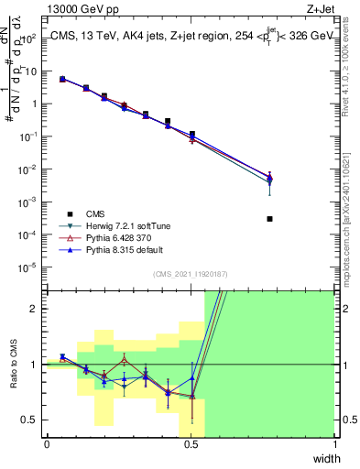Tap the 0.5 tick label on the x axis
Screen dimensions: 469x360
point(191,444)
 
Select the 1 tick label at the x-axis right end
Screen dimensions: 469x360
point(333,444)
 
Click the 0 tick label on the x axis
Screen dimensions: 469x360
point(47,444)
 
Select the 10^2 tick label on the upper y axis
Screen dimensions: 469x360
point(28,38)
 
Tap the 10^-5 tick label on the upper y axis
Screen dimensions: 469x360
point(28,267)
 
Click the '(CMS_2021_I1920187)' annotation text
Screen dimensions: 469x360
point(190,274)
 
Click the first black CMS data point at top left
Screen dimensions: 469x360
point(62,80)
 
